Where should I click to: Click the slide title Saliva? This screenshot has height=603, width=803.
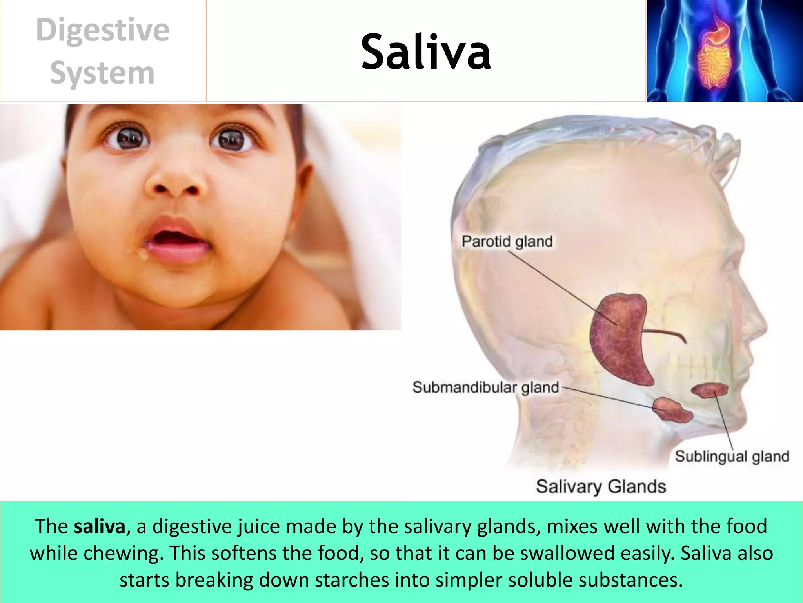point(426,52)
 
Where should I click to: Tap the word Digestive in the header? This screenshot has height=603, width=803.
point(102,30)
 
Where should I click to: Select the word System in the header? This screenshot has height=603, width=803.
point(102,73)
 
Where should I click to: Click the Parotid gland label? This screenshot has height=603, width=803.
point(507,241)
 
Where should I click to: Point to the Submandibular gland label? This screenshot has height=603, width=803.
point(485,387)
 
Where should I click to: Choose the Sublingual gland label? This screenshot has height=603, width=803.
point(732,456)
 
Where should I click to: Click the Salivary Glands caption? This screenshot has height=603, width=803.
point(601,486)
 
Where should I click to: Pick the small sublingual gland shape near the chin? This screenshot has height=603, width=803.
point(710,390)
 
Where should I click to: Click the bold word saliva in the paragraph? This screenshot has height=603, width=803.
point(100,526)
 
